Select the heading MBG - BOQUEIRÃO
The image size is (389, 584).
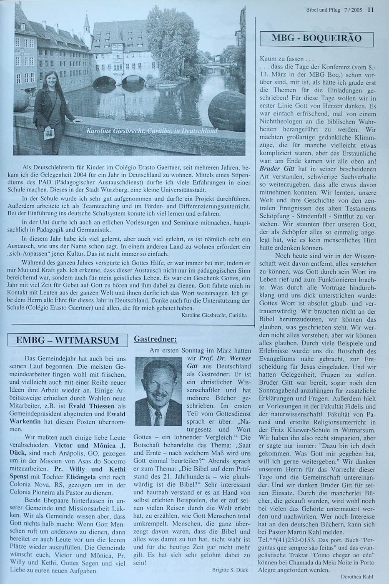[316, 38]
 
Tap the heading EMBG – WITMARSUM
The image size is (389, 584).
[67, 340]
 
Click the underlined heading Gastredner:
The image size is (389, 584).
[152, 338]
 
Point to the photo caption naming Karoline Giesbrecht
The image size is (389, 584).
[152, 131]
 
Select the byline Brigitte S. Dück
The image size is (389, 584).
[230, 569]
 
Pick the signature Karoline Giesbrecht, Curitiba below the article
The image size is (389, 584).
[214, 315]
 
